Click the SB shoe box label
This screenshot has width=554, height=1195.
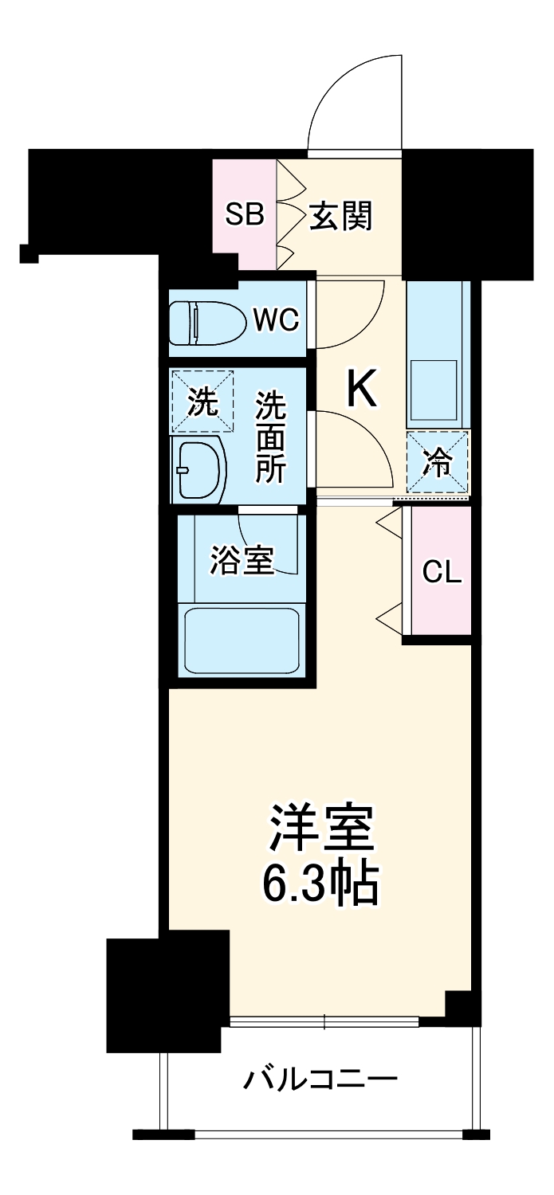(x=244, y=214)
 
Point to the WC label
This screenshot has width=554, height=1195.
(x=276, y=320)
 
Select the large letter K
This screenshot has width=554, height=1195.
(x=360, y=390)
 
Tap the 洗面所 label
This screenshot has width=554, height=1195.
(x=270, y=437)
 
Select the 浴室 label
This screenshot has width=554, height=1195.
(x=242, y=560)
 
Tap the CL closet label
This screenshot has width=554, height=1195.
(x=442, y=571)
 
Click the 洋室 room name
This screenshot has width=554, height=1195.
(x=320, y=829)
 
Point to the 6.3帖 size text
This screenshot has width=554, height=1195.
(x=320, y=880)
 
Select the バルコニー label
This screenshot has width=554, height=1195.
(x=320, y=1080)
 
